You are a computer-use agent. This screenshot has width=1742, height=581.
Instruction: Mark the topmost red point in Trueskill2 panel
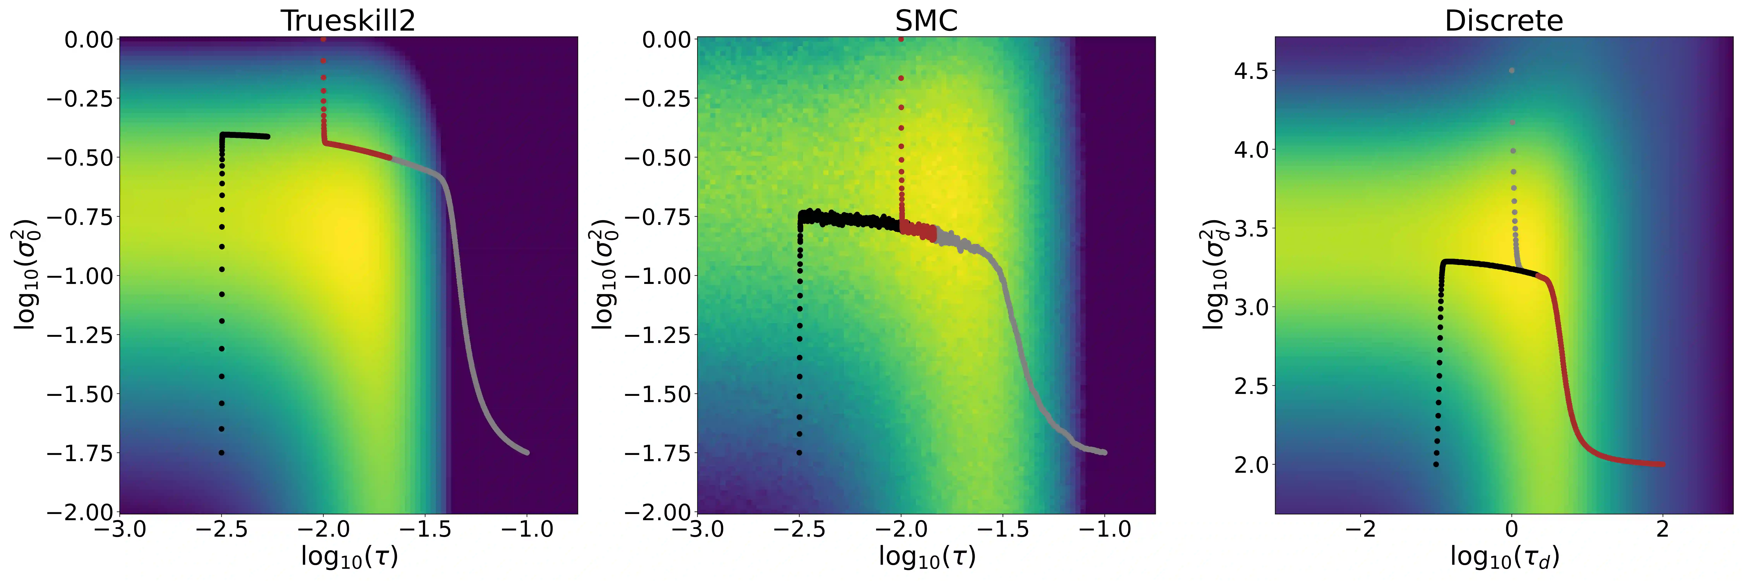[x=323, y=39]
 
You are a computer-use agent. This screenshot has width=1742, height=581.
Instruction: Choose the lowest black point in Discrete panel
[x=1436, y=465]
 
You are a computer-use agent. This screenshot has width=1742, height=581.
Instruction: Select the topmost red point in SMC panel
[x=901, y=39]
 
